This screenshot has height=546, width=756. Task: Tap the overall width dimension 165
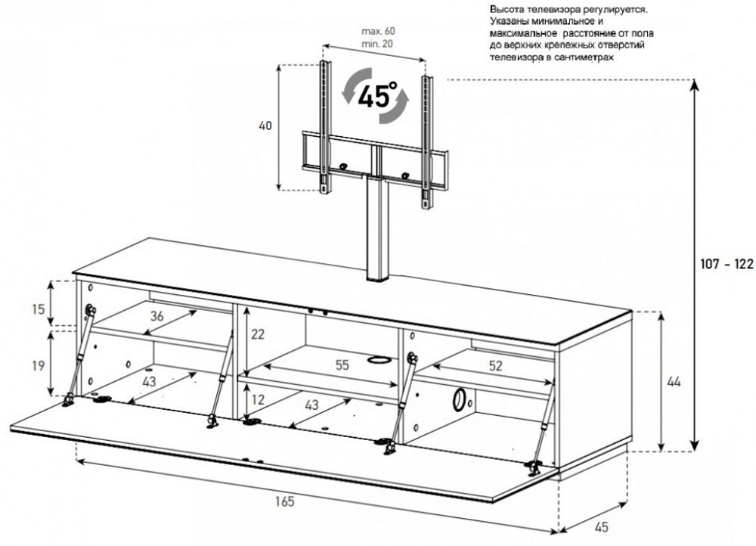pyautogui.click(x=284, y=501)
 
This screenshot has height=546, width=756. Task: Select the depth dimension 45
pyautogui.click(x=601, y=526)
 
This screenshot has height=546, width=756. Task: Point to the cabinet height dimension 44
pyautogui.click(x=674, y=382)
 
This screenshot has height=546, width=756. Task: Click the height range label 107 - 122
pyautogui.click(x=727, y=264)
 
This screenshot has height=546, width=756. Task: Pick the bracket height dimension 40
pyautogui.click(x=265, y=126)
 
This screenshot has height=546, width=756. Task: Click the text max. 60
pyautogui.click(x=379, y=31)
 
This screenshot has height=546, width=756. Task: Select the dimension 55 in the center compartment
pyautogui.click(x=342, y=365)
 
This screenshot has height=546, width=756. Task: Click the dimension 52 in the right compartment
pyautogui.click(x=495, y=366)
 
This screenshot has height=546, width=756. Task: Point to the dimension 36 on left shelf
pyautogui.click(x=156, y=316)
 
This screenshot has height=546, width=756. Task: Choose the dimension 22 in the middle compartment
pyautogui.click(x=258, y=334)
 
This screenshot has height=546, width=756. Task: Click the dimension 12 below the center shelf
pyautogui.click(x=258, y=399)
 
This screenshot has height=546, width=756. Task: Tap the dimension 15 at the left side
pyautogui.click(x=38, y=309)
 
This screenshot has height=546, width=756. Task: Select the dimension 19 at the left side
pyautogui.click(x=38, y=365)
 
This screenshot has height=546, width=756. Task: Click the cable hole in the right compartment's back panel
pyautogui.click(x=459, y=399)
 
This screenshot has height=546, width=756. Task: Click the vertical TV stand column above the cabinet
pyautogui.click(x=376, y=226)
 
